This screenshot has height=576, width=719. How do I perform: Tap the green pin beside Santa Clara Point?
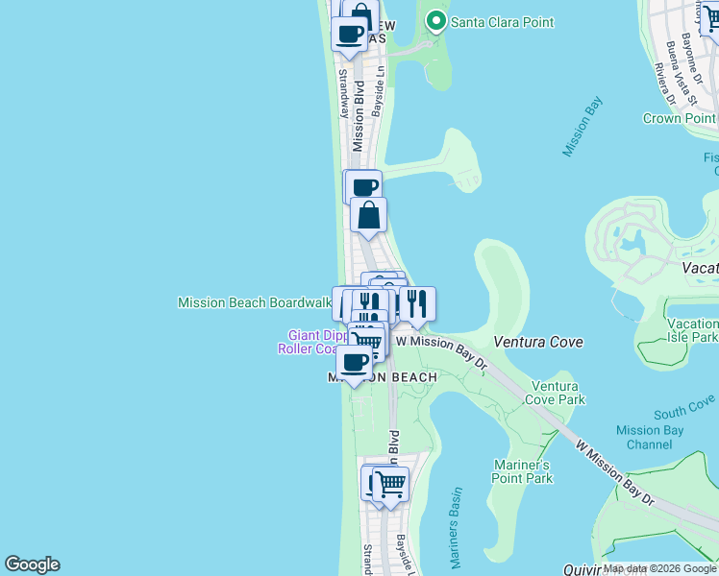tap(436, 20)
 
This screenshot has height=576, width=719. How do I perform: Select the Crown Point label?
tap(680, 118)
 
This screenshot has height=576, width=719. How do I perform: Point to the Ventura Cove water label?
tap(539, 342)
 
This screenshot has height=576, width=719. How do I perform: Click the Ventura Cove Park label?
tap(558, 392)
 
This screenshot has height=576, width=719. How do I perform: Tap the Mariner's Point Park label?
tap(523, 470)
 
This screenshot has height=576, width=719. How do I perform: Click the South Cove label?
tap(684, 407)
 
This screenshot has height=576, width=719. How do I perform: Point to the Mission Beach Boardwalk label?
tap(254, 302)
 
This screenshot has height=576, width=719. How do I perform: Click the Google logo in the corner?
tap(32, 564)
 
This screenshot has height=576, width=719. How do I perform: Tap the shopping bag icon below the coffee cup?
tap(369, 215)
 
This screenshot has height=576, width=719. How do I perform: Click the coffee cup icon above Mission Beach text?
tap(355, 362)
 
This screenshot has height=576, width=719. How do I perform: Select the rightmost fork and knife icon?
tap(417, 303)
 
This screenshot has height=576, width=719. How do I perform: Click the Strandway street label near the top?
tap(344, 92)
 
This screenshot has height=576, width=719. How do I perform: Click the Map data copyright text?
tap(659, 568)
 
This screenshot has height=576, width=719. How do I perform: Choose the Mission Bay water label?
tap(583, 127)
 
